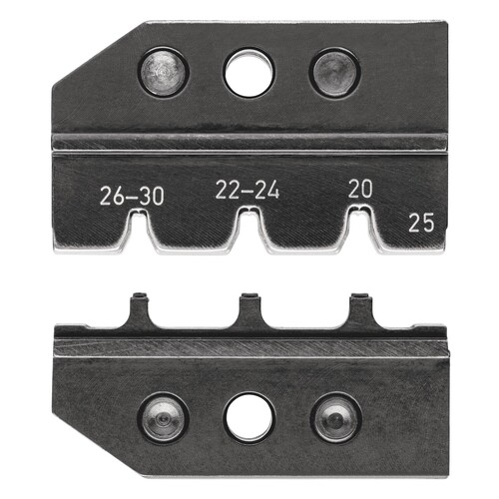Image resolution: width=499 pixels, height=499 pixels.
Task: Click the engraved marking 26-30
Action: point(132,196)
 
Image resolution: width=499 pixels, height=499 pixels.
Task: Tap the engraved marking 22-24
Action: point(248,190)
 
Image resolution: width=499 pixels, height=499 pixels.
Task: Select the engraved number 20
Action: point(360,189)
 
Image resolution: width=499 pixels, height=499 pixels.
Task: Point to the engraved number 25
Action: point(421,223)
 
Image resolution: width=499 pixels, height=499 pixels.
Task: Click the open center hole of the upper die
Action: point(249,74)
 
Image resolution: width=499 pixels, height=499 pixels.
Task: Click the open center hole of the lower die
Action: point(249,418)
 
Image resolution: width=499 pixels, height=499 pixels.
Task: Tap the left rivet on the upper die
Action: point(164,72)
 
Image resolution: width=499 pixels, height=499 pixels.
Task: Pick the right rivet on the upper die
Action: point(334,72)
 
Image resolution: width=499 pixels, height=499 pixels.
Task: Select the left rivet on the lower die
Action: point(164,418)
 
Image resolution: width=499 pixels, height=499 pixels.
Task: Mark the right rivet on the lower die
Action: point(336,418)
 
